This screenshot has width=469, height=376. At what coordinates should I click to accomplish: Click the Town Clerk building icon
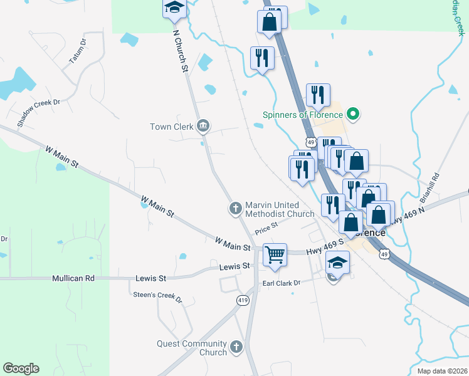pyautogui.click(x=203, y=127)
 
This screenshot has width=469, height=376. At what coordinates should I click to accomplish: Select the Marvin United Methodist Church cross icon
pyautogui.click(x=236, y=208)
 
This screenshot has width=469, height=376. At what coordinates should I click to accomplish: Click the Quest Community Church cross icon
pyautogui.click(x=236, y=347)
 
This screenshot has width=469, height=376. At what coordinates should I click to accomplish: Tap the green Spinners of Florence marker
pyautogui.click(x=352, y=114)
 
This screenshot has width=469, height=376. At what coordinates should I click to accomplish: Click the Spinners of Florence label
pyautogui.click(x=302, y=115)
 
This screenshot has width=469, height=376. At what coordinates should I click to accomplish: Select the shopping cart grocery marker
pyautogui.click(x=275, y=255)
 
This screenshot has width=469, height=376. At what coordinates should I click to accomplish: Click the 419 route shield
pyautogui.click(x=242, y=301)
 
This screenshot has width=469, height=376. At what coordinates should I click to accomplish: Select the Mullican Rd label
pyautogui.click(x=73, y=278)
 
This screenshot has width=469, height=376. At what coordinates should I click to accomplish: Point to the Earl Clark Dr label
pyautogui.click(x=282, y=283)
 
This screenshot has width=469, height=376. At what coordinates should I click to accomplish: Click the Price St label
pyautogui.click(x=266, y=230)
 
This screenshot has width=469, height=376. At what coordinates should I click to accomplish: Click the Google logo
pyautogui.click(x=21, y=368)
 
